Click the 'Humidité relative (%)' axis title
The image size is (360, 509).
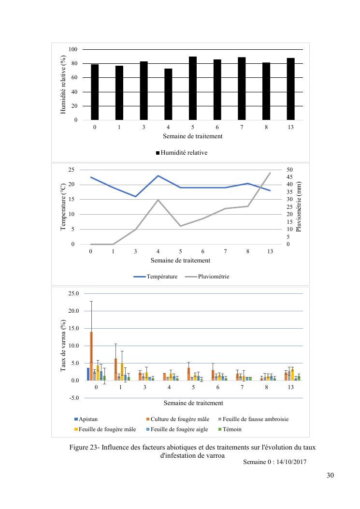click(63, 85)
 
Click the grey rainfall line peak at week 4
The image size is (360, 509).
click(158, 200)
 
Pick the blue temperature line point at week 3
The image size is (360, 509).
click(136, 196)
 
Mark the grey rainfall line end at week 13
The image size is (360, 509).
click(270, 173)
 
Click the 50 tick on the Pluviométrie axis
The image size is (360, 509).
click(289, 170)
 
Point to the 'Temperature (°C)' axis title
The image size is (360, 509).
click(63, 207)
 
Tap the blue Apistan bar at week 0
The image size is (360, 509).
click(88, 374)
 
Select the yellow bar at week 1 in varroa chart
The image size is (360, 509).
click(122, 372)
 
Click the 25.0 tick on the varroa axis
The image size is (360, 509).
click(73, 293)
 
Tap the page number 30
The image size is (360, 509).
click(330, 475)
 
